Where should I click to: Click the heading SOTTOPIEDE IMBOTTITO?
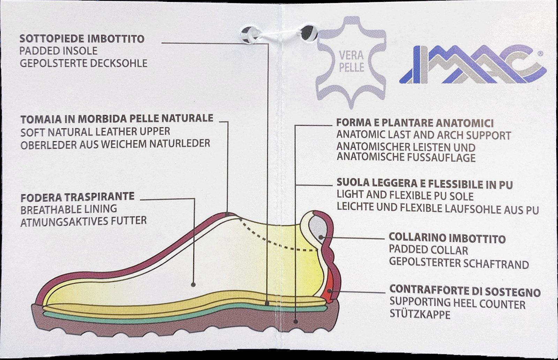click(82, 38)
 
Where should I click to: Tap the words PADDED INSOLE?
click(58, 51)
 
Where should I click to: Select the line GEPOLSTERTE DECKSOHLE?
click(83, 63)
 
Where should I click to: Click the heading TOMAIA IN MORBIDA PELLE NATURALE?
click(117, 119)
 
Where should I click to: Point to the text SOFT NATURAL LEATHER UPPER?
click(95, 132)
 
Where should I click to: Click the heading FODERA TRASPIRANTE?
click(77, 197)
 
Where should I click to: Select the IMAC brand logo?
click(472, 65)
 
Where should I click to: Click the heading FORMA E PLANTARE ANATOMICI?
click(415, 123)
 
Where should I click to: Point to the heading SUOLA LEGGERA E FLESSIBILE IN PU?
click(424, 183)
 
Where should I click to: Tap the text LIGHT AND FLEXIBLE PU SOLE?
click(405, 196)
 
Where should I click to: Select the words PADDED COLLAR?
click(429, 250)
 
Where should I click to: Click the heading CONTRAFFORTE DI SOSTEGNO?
click(465, 291)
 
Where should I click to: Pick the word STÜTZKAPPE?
click(420, 315)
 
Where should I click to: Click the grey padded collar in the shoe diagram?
click(318, 228)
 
